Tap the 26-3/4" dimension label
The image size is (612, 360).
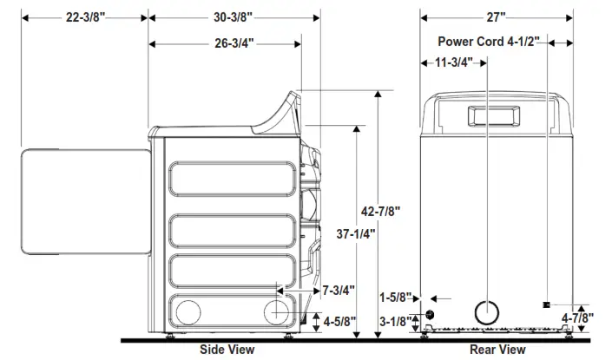pyautogui.click(x=227, y=44)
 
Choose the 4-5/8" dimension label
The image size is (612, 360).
pyautogui.click(x=339, y=320)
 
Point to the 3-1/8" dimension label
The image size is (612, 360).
pyautogui.click(x=400, y=322)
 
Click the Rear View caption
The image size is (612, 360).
pyautogui.click(x=497, y=349)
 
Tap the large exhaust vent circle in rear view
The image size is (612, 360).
pyautogui.click(x=488, y=313)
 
